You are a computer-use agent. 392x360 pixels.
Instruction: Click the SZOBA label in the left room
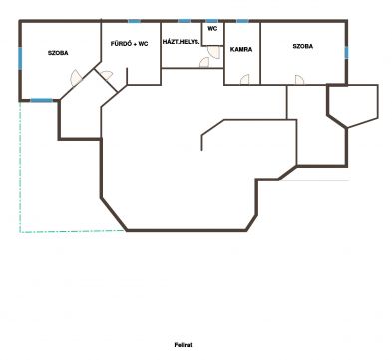(x=58, y=53)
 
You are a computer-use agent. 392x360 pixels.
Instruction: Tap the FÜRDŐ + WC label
(x=129, y=44)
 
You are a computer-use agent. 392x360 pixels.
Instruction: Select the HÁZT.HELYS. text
(x=182, y=42)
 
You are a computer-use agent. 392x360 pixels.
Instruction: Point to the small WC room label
(x=212, y=29)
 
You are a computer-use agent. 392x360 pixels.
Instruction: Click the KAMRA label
(x=241, y=49)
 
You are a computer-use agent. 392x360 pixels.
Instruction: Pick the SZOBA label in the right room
(x=303, y=46)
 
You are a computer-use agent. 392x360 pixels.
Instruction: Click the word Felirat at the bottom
(x=183, y=345)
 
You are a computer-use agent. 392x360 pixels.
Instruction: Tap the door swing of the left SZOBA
(x=76, y=78)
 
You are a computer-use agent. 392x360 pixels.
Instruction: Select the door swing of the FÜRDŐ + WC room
(x=106, y=75)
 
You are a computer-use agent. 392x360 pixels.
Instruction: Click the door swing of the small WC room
(x=214, y=52)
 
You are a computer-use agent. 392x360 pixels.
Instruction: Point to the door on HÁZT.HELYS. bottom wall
(x=204, y=63)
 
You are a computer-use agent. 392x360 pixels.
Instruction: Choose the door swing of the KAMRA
(x=244, y=80)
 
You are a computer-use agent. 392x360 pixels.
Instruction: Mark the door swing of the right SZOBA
(x=299, y=80)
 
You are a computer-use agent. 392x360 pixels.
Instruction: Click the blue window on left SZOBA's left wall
(x=20, y=58)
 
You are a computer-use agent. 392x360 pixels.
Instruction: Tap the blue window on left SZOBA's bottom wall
(x=42, y=100)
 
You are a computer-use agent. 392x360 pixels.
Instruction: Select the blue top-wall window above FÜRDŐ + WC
(x=134, y=21)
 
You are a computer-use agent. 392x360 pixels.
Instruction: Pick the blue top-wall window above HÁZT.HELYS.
(x=184, y=21)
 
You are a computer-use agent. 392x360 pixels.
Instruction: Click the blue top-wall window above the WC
(x=212, y=21)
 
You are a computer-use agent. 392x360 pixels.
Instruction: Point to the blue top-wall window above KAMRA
(x=242, y=21)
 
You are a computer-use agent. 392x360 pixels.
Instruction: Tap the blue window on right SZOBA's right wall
(x=346, y=52)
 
